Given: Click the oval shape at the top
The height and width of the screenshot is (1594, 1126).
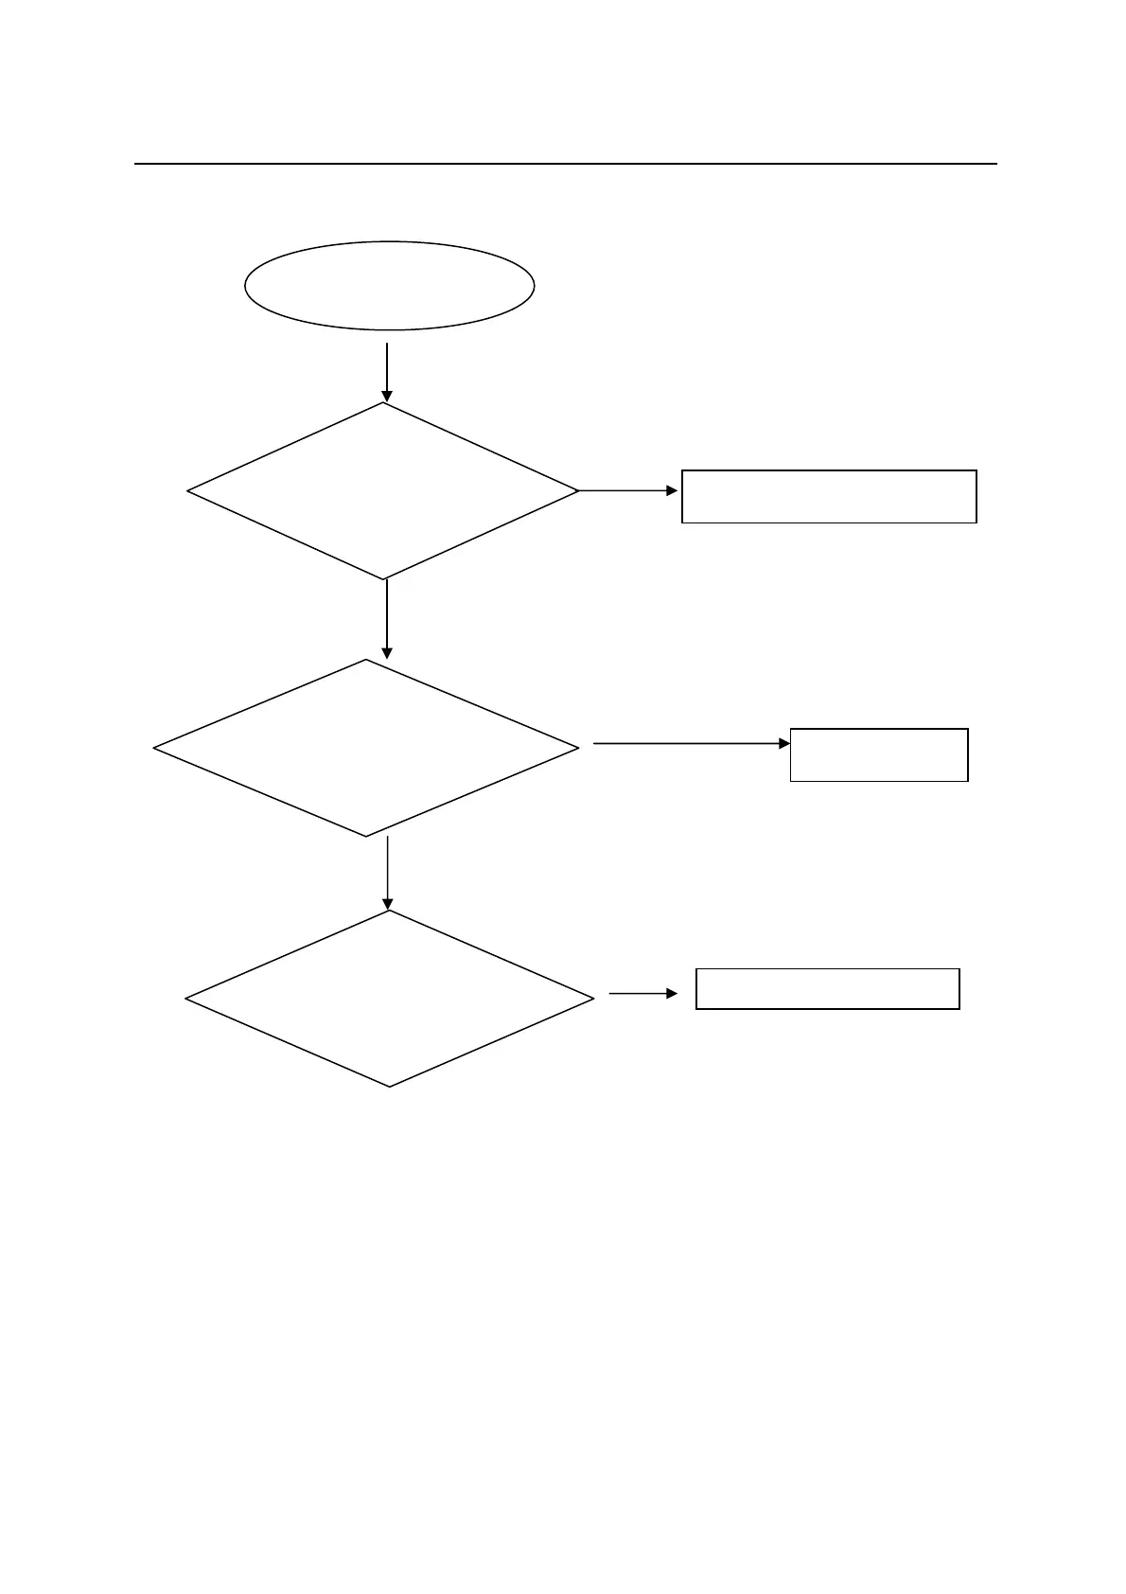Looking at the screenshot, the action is click(x=389, y=285).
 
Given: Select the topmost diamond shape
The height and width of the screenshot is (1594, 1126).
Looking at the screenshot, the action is click(x=383, y=491).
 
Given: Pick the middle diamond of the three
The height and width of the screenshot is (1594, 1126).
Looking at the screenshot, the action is click(x=366, y=748).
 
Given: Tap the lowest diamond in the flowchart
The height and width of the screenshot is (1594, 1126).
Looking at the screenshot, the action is click(x=389, y=999).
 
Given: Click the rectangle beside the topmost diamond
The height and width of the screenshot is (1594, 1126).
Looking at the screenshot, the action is click(x=829, y=496).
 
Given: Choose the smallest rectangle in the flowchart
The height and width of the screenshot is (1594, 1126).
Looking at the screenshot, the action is click(x=879, y=754).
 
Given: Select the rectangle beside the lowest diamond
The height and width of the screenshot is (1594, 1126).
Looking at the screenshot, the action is click(x=828, y=989).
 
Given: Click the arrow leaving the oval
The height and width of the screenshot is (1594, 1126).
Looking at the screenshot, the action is click(x=387, y=371).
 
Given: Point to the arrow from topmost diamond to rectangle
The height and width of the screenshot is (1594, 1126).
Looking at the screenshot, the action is click(x=628, y=491).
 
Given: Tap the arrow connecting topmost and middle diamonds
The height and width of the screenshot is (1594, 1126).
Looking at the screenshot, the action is click(x=387, y=618).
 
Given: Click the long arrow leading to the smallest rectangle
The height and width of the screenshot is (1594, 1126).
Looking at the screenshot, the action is click(x=691, y=744).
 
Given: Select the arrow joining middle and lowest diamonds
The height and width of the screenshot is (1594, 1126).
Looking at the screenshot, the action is click(x=388, y=873).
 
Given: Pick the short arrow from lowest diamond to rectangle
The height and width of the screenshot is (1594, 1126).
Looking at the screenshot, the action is click(x=643, y=994).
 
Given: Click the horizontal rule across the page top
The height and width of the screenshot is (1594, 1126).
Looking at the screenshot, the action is click(x=566, y=164).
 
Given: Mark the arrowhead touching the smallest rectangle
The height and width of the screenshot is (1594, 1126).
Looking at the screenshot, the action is click(x=784, y=744).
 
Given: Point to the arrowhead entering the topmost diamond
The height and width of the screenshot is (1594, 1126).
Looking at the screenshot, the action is click(x=387, y=397).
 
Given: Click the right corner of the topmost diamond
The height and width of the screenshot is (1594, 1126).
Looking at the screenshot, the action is click(x=577, y=491).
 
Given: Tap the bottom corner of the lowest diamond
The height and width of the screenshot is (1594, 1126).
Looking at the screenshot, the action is click(x=389, y=1086).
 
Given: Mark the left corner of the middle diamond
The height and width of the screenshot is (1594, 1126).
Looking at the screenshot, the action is click(x=155, y=749).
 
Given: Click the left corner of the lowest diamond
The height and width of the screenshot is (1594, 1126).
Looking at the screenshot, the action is click(x=186, y=999).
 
